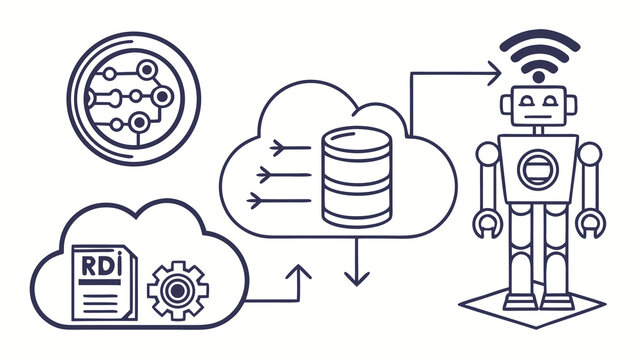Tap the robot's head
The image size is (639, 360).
click(538, 110)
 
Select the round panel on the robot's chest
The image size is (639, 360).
click(538, 170)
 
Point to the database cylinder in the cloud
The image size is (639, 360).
click(356, 180)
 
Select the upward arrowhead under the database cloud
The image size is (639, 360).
click(301, 271)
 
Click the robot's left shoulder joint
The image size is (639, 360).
click(486, 153)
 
